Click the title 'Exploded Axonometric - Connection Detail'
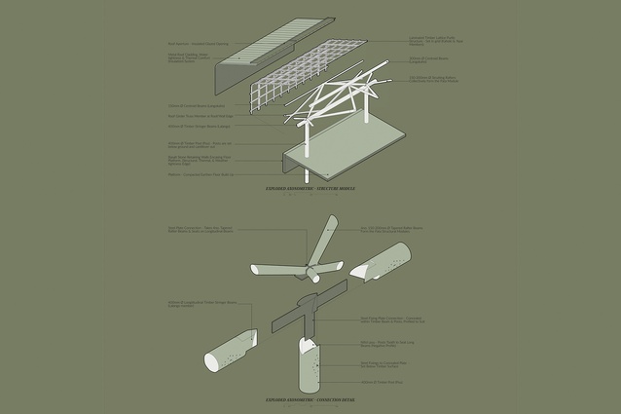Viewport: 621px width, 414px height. tap(310, 399)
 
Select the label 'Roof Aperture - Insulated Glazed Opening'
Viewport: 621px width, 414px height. tap(200, 43)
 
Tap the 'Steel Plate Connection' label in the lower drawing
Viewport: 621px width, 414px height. tap(200, 232)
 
